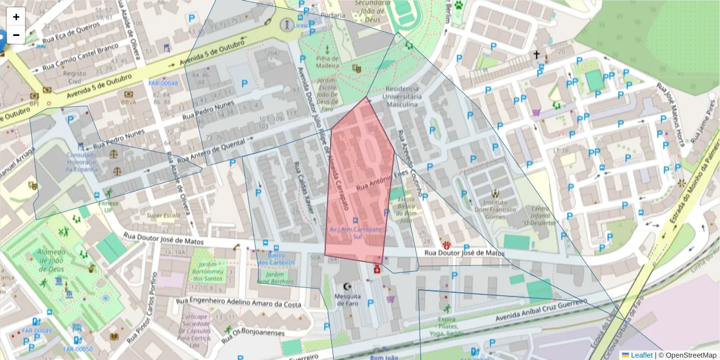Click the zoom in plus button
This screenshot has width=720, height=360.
point(16,17)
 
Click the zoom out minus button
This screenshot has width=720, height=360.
point(16,35)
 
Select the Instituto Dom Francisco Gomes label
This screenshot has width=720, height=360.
point(495,206)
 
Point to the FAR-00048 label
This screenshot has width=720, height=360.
point(163,83)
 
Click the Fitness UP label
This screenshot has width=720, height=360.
point(109,207)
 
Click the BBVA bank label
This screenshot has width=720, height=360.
point(129,102)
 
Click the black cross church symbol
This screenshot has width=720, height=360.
point(537,55)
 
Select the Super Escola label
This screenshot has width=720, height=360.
point(163,215)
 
